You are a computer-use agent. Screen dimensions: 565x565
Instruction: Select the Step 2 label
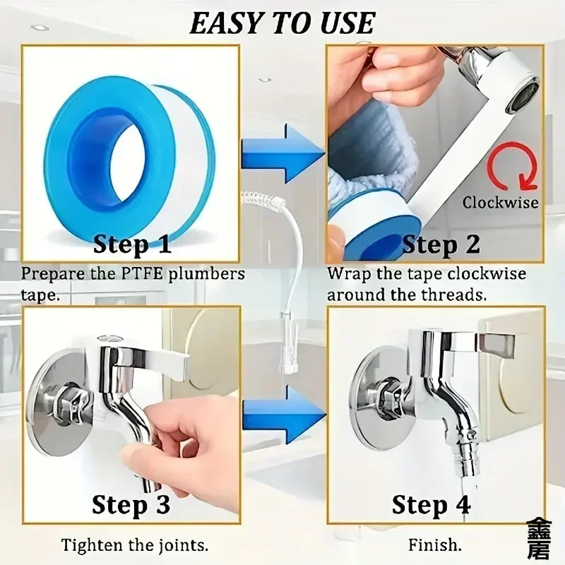tap(441, 244)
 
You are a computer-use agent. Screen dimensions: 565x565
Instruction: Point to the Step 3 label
tap(131, 505)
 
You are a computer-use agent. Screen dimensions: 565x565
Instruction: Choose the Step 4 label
tap(431, 505)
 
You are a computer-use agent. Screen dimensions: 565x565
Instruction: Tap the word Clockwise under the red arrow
tap(500, 203)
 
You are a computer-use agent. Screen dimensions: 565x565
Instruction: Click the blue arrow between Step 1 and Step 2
tap(282, 153)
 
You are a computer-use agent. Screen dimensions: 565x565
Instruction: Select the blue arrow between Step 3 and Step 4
tap(282, 414)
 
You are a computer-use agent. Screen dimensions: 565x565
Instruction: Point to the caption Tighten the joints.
tap(134, 545)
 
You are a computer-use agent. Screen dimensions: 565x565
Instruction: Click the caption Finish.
tap(435, 545)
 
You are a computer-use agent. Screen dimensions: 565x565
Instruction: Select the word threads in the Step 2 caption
tap(460, 295)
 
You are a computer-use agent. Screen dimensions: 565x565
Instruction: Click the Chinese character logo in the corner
tap(537, 539)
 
